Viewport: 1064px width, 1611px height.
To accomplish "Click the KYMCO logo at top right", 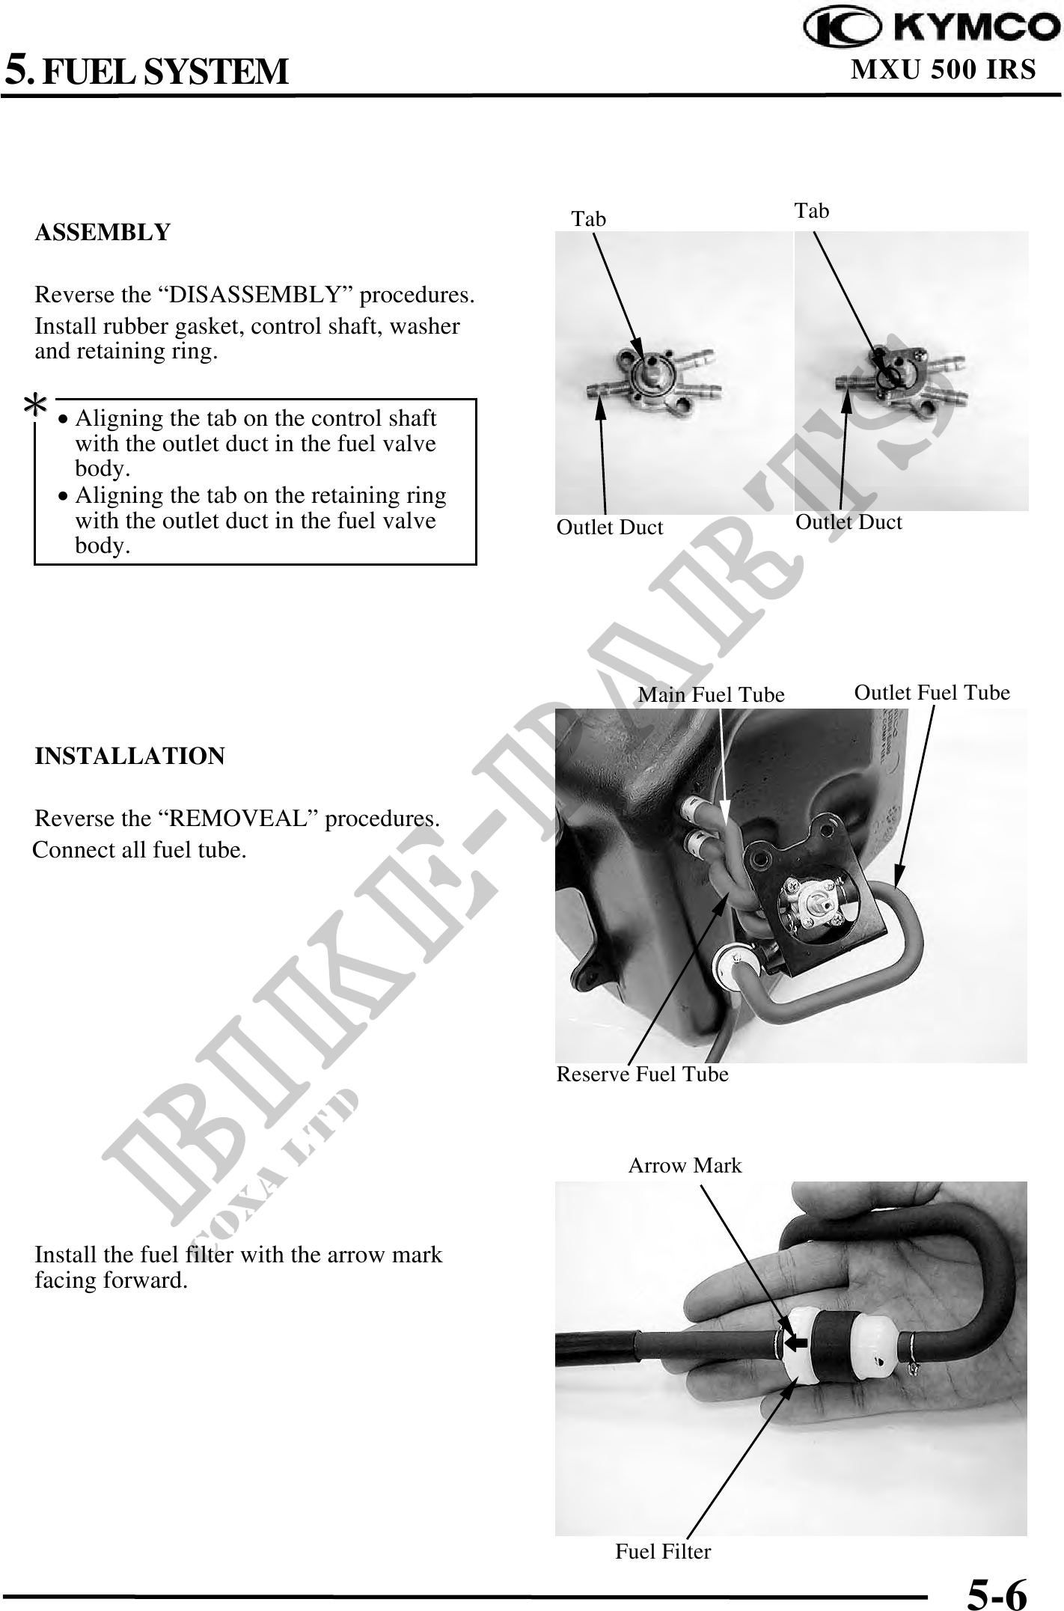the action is [x=932, y=28].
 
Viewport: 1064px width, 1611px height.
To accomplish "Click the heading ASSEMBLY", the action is [x=103, y=233].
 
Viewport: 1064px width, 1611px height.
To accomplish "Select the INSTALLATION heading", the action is [x=129, y=756].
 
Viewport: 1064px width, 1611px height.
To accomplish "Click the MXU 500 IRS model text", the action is [x=944, y=70].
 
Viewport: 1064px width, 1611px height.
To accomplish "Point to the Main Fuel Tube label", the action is [x=711, y=695].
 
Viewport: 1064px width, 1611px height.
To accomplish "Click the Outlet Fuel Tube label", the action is [x=932, y=693].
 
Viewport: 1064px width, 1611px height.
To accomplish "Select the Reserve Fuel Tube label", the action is [x=642, y=1074].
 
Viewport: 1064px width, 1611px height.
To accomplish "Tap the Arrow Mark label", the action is [x=685, y=1165].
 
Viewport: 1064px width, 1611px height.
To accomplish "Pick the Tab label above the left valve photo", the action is [x=589, y=219].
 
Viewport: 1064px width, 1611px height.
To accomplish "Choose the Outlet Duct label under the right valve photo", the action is [x=849, y=522].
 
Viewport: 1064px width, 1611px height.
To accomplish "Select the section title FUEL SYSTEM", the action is [x=165, y=73].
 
